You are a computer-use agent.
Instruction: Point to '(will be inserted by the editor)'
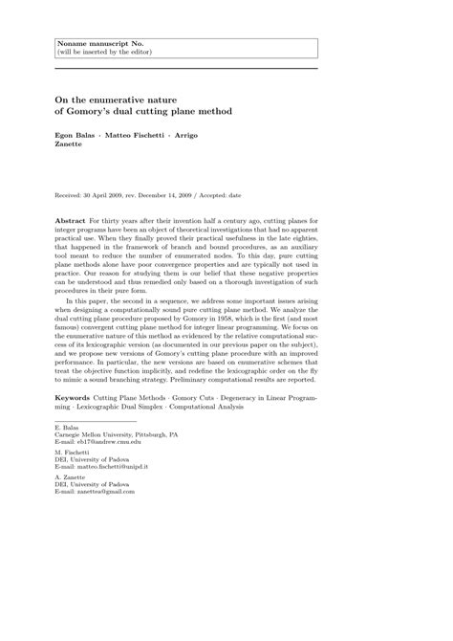click(x=100, y=54)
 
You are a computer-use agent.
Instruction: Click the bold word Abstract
click(x=72, y=220)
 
